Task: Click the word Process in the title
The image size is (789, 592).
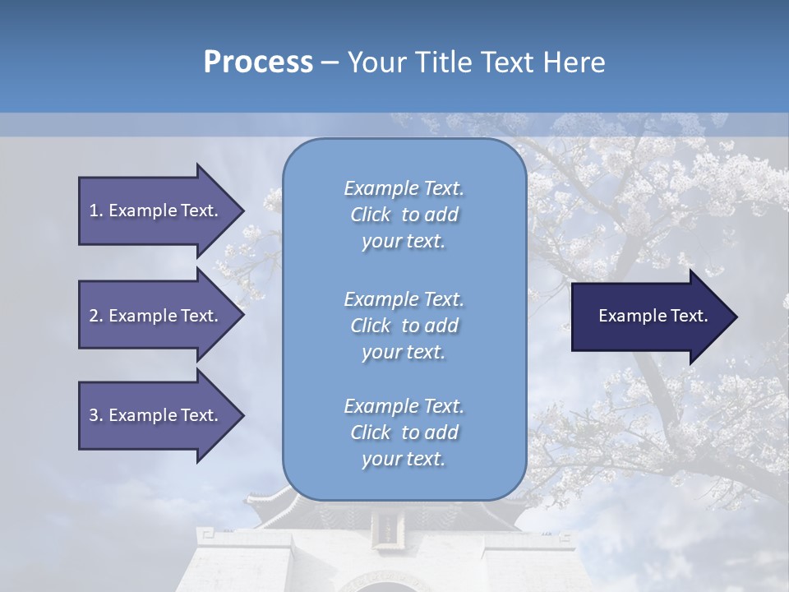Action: click(x=258, y=62)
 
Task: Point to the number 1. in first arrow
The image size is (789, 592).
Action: click(x=96, y=210)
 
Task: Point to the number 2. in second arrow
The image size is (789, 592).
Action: click(x=96, y=316)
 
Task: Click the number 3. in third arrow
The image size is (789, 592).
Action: click(x=96, y=415)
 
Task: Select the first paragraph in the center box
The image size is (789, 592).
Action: click(x=404, y=215)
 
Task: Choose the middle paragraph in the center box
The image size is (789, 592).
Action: click(x=404, y=326)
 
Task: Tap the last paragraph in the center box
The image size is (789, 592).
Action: click(x=404, y=432)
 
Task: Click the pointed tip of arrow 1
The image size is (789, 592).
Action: click(x=242, y=210)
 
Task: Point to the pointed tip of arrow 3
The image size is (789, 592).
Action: click(x=242, y=415)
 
